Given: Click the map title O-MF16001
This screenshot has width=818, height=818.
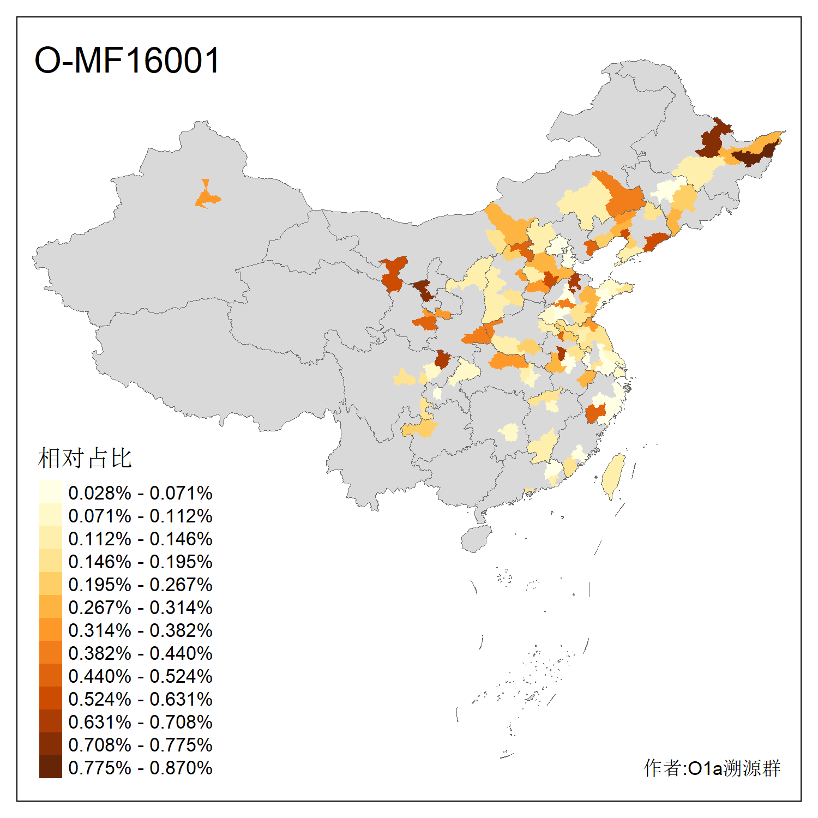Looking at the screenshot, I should pyautogui.click(x=127, y=60).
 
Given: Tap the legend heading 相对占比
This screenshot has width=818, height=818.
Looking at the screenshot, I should pyautogui.click(x=85, y=458).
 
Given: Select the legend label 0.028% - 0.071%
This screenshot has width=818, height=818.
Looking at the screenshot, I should pyautogui.click(x=140, y=493).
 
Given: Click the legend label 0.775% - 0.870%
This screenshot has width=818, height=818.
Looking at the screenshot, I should pyautogui.click(x=140, y=768).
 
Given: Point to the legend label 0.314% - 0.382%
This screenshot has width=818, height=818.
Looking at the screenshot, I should pyautogui.click(x=140, y=630).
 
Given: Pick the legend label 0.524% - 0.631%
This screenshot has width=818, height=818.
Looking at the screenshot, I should pyautogui.click(x=140, y=699).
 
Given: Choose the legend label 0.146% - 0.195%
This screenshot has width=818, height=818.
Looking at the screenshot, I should pyautogui.click(x=140, y=562).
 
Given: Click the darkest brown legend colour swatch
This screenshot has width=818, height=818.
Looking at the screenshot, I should pyautogui.click(x=50, y=767).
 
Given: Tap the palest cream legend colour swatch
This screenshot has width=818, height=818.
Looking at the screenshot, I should pyautogui.click(x=50, y=492).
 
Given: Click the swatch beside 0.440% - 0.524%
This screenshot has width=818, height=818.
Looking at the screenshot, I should pyautogui.click(x=50, y=675).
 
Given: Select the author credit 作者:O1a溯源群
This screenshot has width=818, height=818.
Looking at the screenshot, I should pyautogui.click(x=712, y=768).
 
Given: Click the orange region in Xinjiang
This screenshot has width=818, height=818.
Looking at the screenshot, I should pyautogui.click(x=207, y=197).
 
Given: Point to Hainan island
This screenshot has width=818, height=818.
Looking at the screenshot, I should pyautogui.click(x=476, y=539).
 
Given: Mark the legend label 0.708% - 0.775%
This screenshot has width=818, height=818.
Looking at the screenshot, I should pyautogui.click(x=140, y=745).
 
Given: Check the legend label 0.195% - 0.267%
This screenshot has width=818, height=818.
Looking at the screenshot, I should pyautogui.click(x=140, y=585).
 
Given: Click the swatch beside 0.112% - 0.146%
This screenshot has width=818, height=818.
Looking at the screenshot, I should pyautogui.click(x=50, y=538).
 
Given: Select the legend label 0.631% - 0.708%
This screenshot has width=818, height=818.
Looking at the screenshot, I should pyautogui.click(x=140, y=722).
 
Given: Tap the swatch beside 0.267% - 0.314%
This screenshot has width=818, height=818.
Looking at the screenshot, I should pyautogui.click(x=50, y=606).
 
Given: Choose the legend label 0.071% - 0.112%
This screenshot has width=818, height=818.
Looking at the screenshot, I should pyautogui.click(x=140, y=516).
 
